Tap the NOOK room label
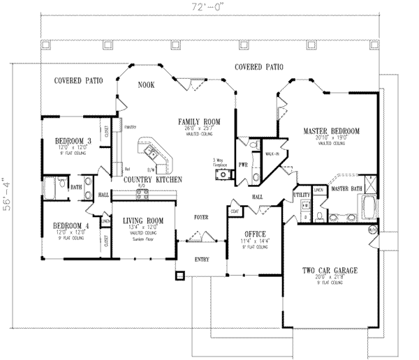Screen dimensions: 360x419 click(145, 85)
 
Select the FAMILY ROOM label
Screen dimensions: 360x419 click(198, 121)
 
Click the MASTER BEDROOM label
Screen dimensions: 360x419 click(331, 130)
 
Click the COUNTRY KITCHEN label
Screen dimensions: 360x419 click(152, 179)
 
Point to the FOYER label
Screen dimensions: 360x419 click(203, 217)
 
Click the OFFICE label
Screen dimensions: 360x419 click(252, 234)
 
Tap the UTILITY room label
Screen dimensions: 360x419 click(302, 195)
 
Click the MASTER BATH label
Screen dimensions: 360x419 click(347, 188)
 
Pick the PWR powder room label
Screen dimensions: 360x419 click(242, 165)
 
